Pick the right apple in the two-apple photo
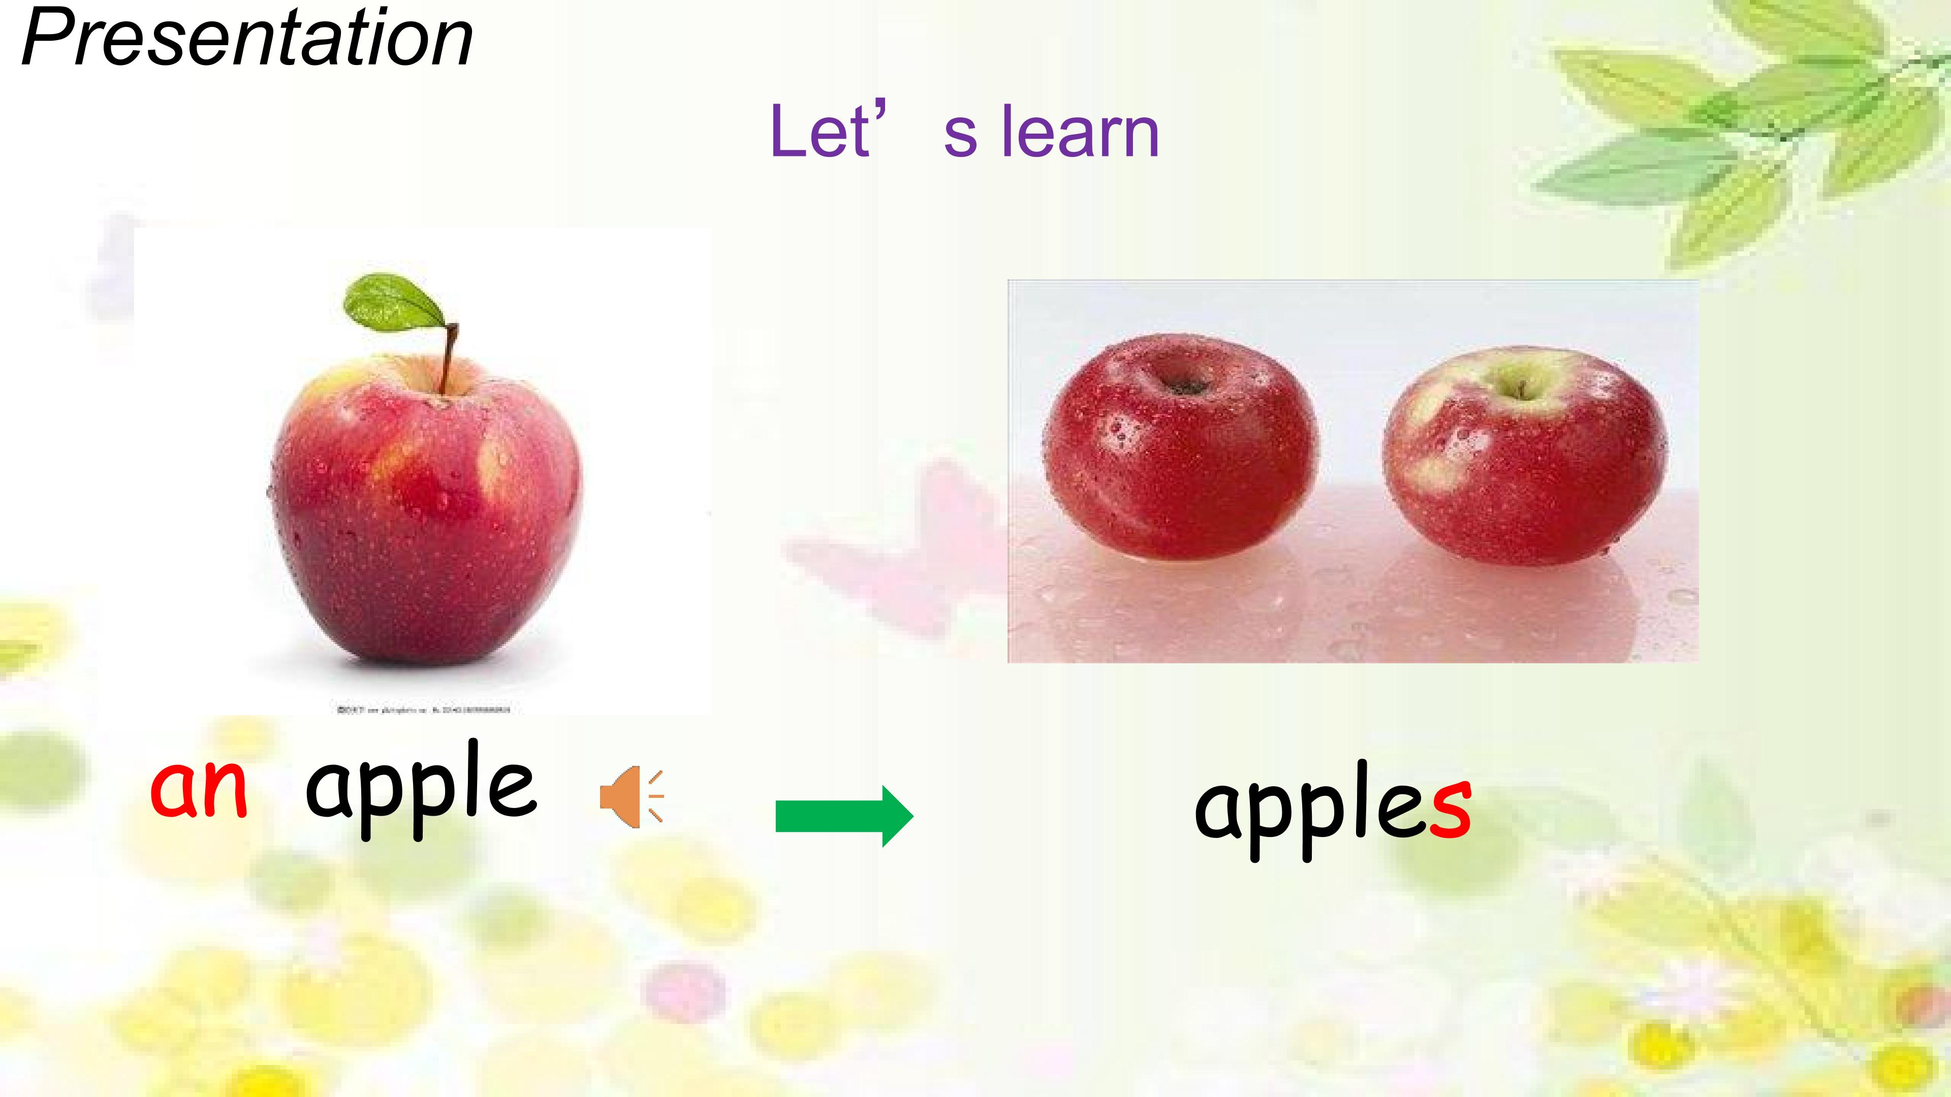pos(1524,458)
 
